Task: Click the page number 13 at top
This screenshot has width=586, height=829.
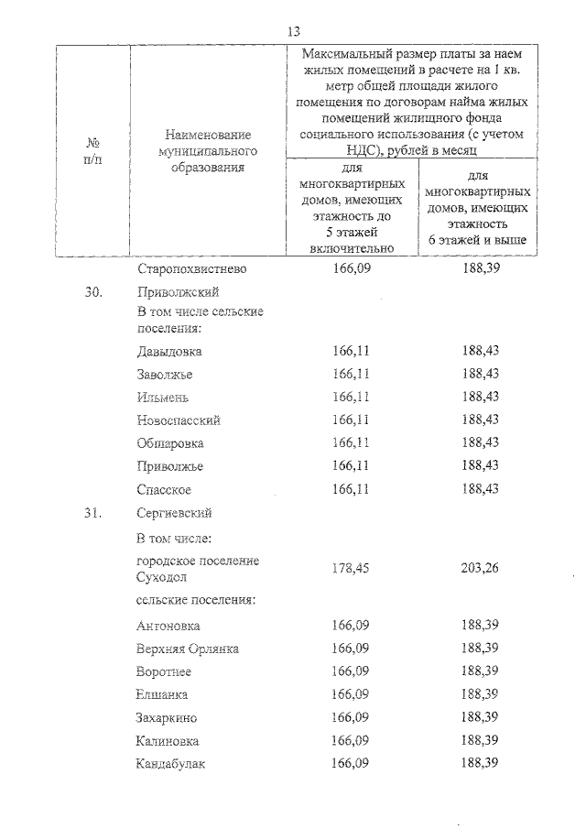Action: [294, 30]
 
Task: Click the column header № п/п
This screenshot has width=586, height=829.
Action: [92, 152]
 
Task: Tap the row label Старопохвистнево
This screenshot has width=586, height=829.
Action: [191, 270]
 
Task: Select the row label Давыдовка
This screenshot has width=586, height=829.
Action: [168, 352]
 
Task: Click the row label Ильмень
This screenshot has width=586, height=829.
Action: [164, 397]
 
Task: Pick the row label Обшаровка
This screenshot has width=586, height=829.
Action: [169, 443]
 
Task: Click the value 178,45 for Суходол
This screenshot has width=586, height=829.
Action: [352, 568]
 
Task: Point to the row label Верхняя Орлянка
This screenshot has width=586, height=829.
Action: [187, 649]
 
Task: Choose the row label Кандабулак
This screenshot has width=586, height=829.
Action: [171, 763]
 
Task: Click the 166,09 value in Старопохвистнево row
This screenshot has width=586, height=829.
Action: [352, 270]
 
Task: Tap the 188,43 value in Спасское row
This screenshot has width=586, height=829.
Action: [481, 489]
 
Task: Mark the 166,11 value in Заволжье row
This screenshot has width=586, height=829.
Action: [352, 374]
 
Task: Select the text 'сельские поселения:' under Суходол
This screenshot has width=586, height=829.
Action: [195, 600]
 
